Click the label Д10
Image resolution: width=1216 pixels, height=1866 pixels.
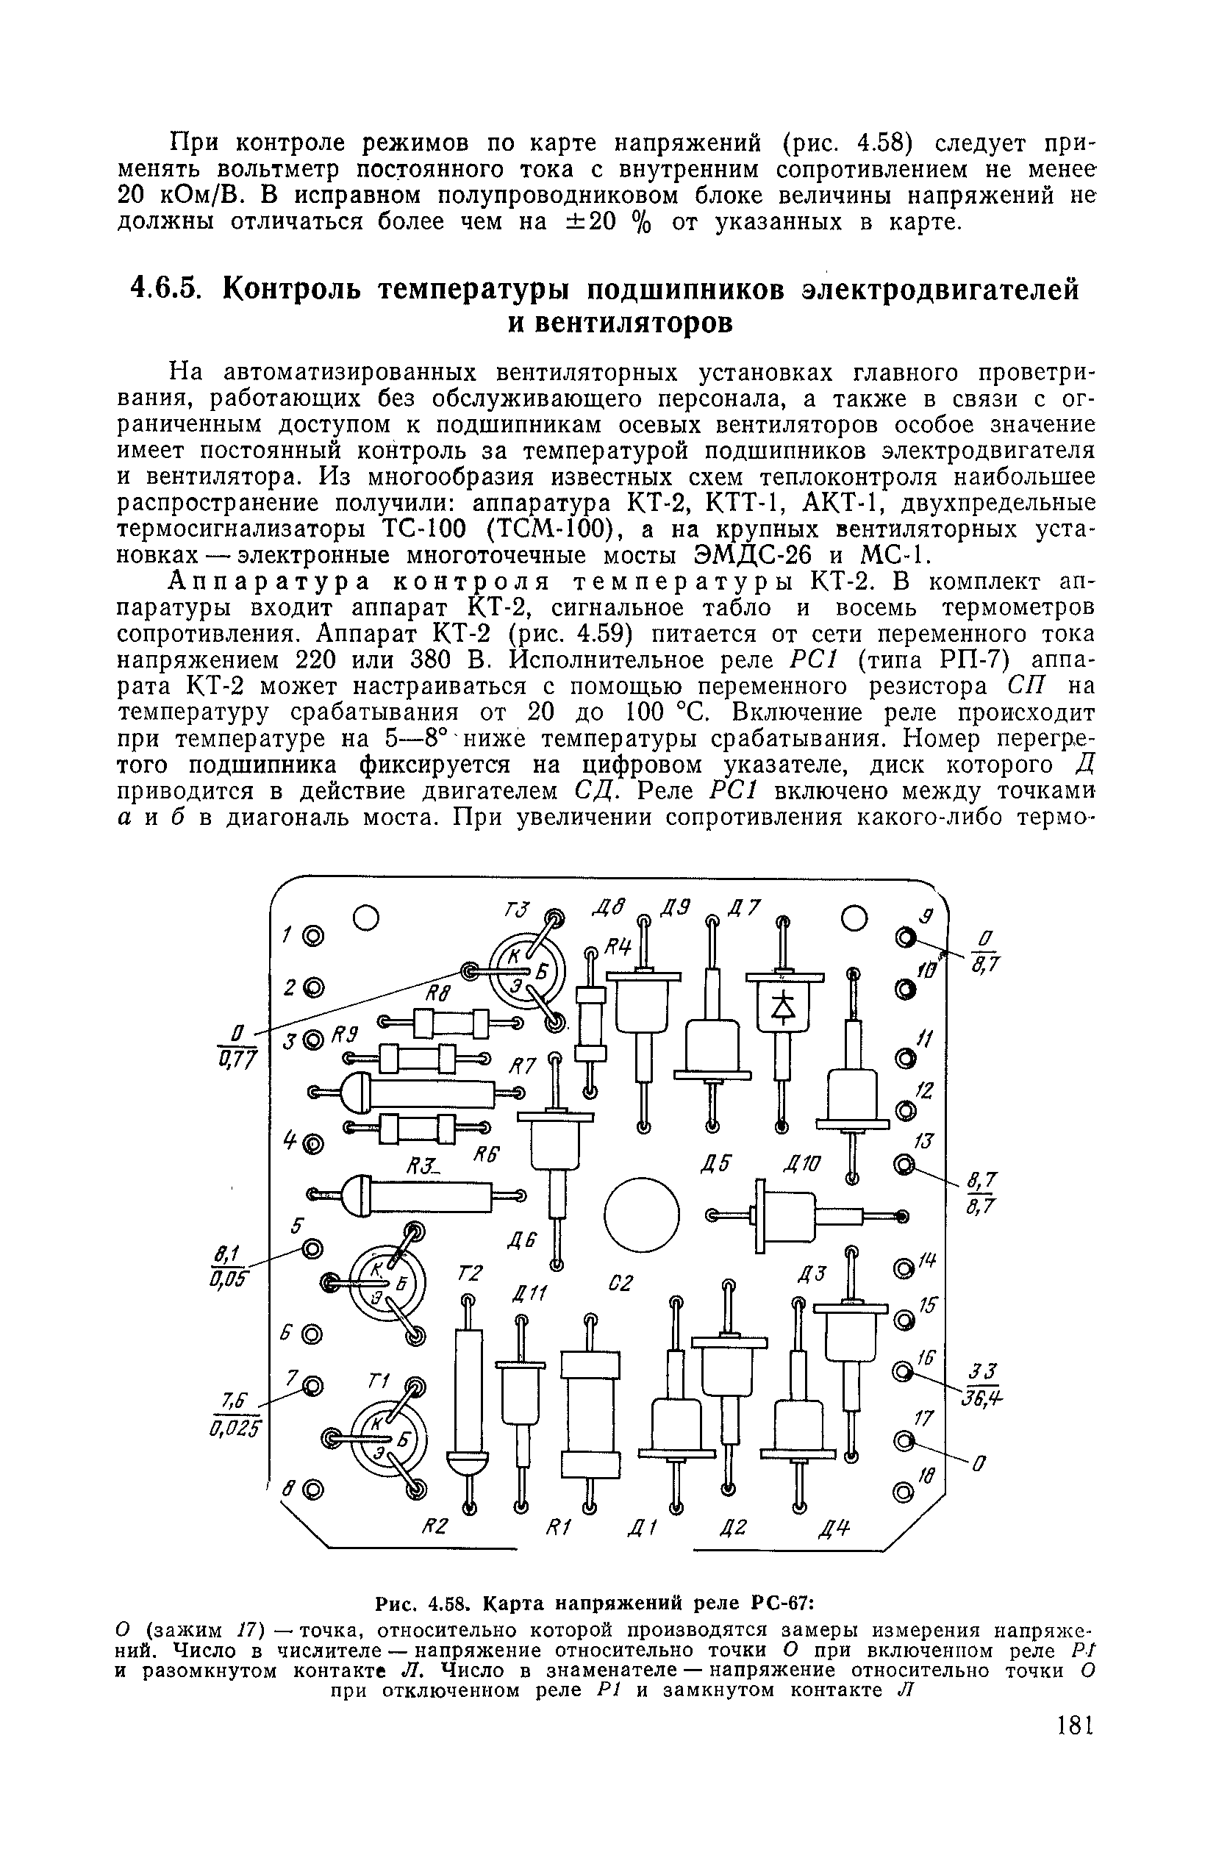point(804,1165)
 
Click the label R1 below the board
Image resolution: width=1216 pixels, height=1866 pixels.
point(556,1526)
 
